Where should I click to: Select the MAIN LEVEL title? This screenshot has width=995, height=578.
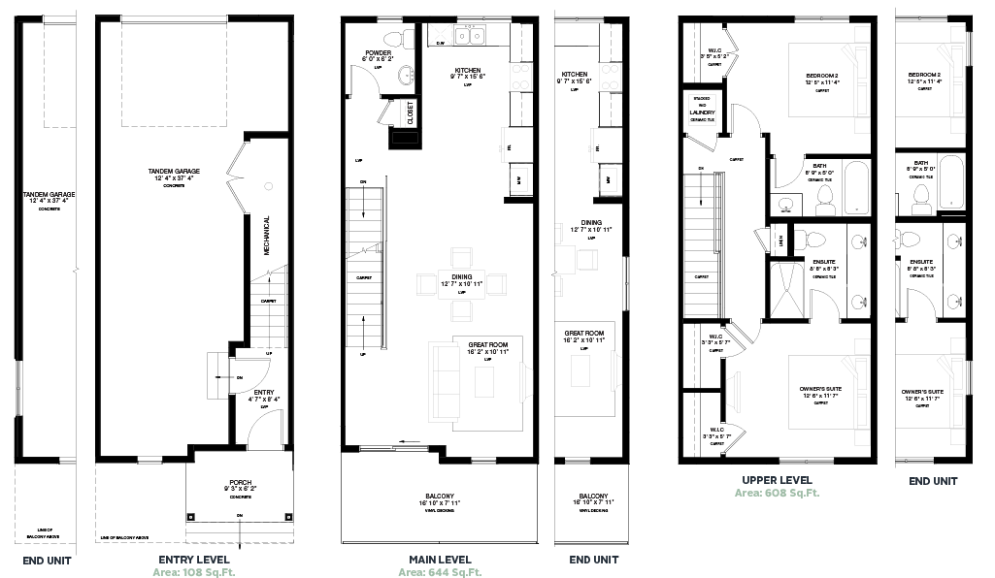pos(439,560)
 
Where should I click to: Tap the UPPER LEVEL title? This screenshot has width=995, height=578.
pos(777,480)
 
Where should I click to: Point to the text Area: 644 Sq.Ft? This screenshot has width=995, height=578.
pos(439,572)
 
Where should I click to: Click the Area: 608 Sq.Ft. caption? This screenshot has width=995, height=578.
pos(777,493)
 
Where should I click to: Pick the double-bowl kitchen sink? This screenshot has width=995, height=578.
pos(472,37)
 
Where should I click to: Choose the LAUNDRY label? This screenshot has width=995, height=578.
pos(703,112)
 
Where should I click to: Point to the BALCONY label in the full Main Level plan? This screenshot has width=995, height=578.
pos(439,494)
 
